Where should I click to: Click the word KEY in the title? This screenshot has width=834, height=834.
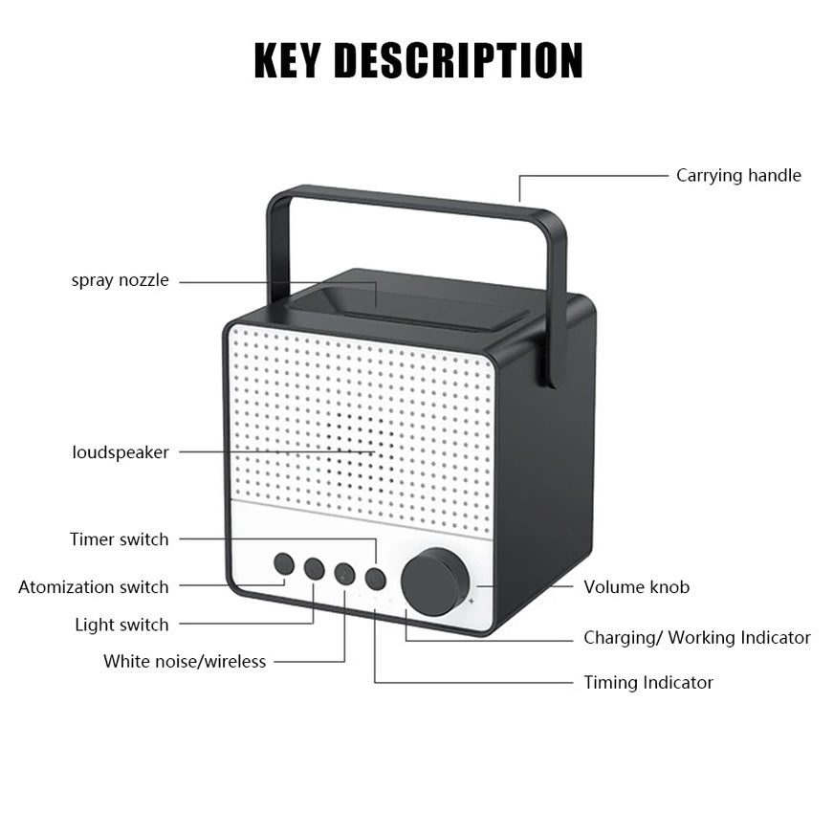pyautogui.click(x=288, y=60)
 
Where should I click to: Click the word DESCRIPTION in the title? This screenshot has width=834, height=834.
pyautogui.click(x=458, y=60)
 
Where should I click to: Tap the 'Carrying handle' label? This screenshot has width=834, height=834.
pyautogui.click(x=738, y=175)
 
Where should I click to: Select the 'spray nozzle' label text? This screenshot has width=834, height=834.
pyautogui.click(x=120, y=280)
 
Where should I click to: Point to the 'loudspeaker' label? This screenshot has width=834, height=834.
pyautogui.click(x=121, y=452)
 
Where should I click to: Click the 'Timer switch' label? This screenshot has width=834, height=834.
pyautogui.click(x=119, y=539)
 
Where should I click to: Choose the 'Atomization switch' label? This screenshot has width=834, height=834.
pyautogui.click(x=93, y=587)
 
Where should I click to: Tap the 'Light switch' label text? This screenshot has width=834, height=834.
pyautogui.click(x=121, y=625)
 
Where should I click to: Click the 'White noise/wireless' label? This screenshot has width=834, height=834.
pyautogui.click(x=185, y=662)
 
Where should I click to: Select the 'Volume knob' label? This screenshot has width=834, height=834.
pyautogui.click(x=636, y=587)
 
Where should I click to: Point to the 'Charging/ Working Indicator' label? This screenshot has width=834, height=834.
pyautogui.click(x=696, y=638)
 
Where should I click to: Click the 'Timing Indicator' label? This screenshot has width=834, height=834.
pyautogui.click(x=648, y=683)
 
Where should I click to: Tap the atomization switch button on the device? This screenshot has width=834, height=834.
pyautogui.click(x=284, y=563)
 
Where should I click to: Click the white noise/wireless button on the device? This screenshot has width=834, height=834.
pyautogui.click(x=345, y=574)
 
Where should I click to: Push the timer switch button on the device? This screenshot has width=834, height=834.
pyautogui.click(x=376, y=579)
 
